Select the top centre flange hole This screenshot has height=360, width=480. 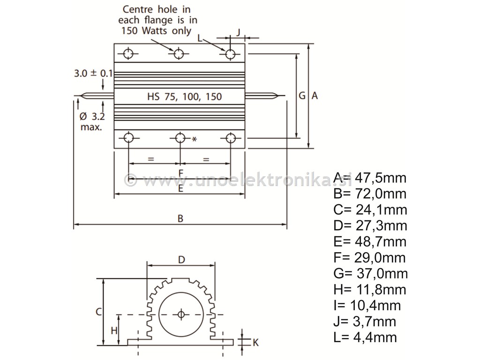[179, 54]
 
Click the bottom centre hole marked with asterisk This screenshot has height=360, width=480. [180, 138]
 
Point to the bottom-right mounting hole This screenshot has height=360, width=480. [230, 138]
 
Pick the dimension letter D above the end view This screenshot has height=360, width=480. [182, 259]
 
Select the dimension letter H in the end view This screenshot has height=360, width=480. [114, 330]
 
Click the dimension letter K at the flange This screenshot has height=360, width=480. [255, 343]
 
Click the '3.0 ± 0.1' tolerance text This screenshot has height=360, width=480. [93, 73]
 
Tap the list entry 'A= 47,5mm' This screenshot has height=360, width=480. [370, 178]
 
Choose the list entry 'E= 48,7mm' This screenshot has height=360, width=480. [370, 241]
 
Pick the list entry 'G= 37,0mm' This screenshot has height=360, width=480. [370, 273]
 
